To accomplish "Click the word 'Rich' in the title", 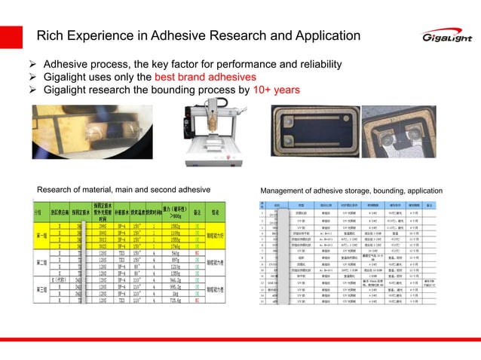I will pos(51,35).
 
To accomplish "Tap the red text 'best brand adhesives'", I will pos(204,77).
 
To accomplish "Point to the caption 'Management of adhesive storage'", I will pos(351,189).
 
